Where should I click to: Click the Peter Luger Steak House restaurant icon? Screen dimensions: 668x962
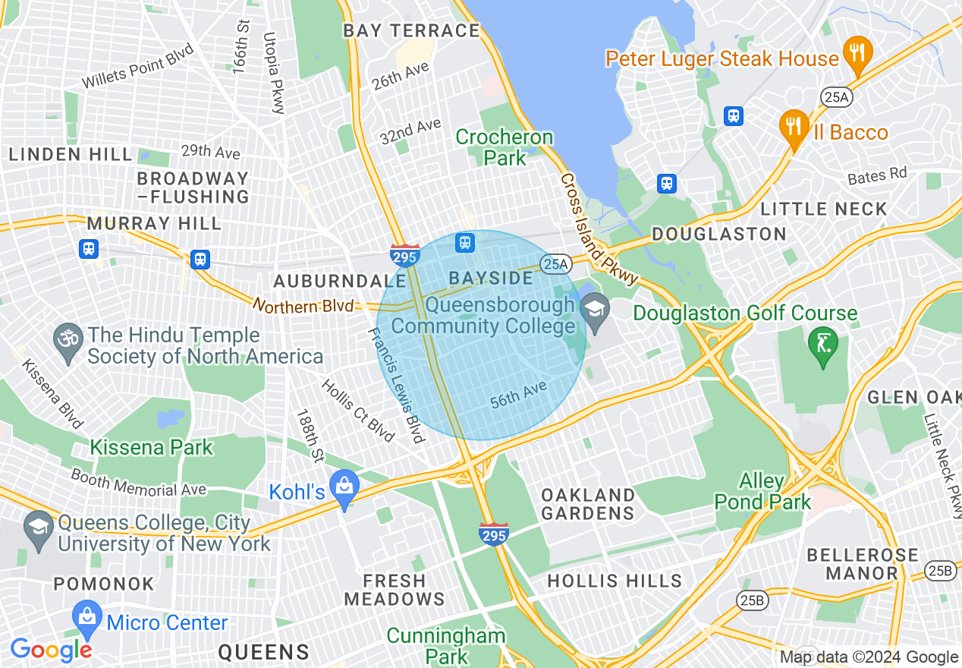pos(857,53)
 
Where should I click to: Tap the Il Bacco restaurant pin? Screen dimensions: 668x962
pos(794,127)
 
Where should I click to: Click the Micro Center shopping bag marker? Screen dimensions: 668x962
pos(87,619)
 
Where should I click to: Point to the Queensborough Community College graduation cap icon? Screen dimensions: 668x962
pos(595,310)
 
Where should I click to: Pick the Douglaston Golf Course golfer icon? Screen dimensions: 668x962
pos(823,345)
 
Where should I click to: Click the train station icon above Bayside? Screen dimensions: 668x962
pos(465,243)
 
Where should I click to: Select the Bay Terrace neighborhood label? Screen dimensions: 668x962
pos(411,31)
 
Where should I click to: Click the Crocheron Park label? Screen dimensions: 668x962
pos(505,148)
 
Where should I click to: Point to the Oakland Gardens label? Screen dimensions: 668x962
pos(588,504)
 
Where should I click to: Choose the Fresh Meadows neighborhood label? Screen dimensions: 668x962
pos(395,590)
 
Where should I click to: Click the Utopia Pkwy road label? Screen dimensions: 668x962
pos(273,73)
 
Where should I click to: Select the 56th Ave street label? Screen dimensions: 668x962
pos(518,395)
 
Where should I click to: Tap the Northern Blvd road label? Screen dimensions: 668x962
pos(303,306)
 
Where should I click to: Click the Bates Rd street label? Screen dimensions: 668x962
pos(877,175)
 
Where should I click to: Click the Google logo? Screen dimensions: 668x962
pos(51,650)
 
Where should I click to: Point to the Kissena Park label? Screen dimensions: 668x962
pos(152,447)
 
